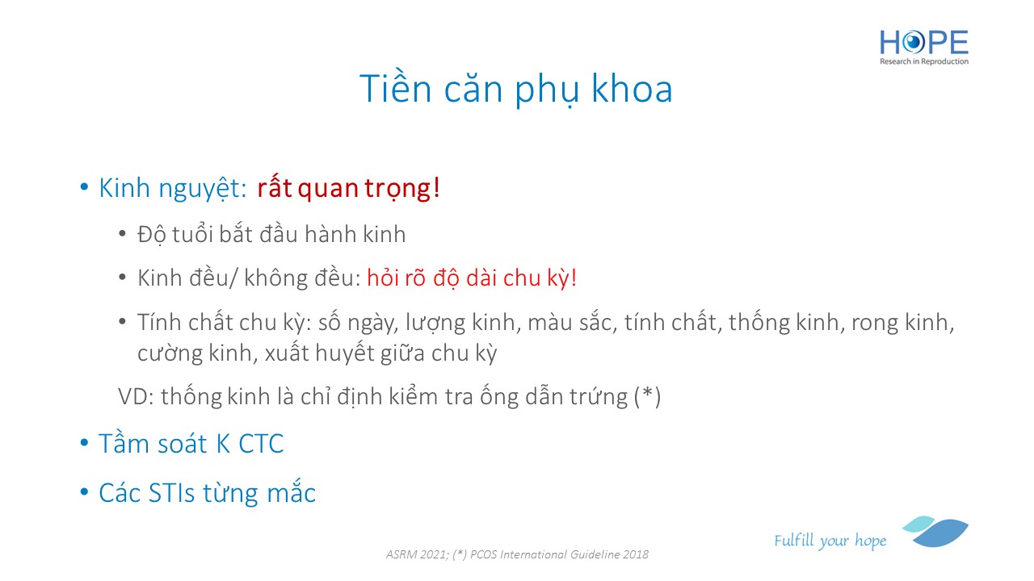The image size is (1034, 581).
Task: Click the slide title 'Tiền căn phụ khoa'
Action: coord(515,89)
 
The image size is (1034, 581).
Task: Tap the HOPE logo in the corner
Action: coord(923,47)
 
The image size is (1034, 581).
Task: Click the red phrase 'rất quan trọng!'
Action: coord(348,188)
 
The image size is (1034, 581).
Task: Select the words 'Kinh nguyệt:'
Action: coord(173,189)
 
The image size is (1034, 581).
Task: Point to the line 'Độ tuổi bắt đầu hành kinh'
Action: coord(271,234)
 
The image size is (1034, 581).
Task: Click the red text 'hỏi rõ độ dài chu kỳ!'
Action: coord(472,278)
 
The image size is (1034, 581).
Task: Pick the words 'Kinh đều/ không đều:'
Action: coord(249,278)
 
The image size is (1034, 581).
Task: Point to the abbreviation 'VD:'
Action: coord(136,396)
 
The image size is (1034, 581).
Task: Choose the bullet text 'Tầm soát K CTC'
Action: coord(191,444)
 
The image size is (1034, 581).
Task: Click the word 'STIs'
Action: coord(172,492)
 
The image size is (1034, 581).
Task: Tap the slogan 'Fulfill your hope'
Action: coord(830,540)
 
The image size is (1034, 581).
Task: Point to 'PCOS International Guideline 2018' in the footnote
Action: coord(559,554)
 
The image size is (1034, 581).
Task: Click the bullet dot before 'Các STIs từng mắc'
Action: coord(84,492)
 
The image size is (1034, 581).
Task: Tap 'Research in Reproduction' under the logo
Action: coord(923,61)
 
